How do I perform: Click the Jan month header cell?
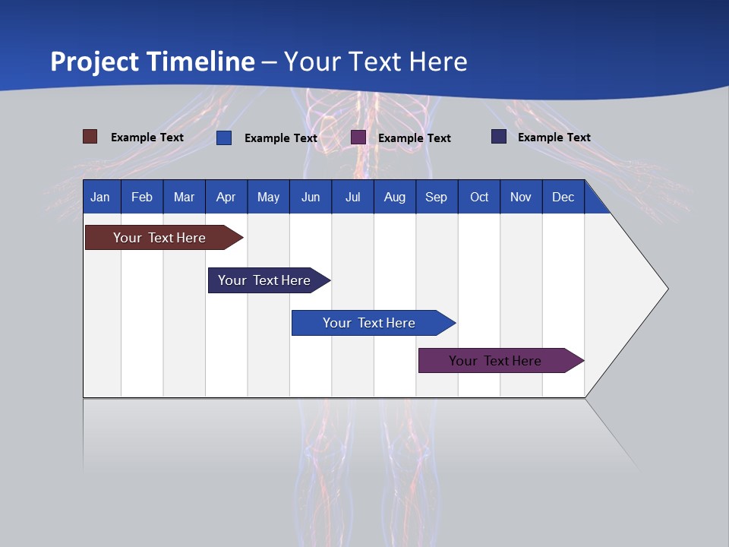coord(101,197)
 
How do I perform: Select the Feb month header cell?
coord(142,197)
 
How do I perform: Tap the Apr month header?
coord(226,197)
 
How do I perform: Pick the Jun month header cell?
coord(311,197)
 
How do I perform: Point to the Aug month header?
coord(395,197)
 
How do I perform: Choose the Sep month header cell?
coord(437,197)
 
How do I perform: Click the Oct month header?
coord(479,197)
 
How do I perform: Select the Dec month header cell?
coord(563,197)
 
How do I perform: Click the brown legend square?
coord(90,137)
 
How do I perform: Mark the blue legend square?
coord(224,138)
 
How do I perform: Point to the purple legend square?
coord(358,138)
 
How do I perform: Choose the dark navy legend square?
coord(499,137)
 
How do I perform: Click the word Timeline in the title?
coord(200,62)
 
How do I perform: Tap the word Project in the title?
coord(94,62)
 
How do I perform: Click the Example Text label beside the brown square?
coord(147,138)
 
